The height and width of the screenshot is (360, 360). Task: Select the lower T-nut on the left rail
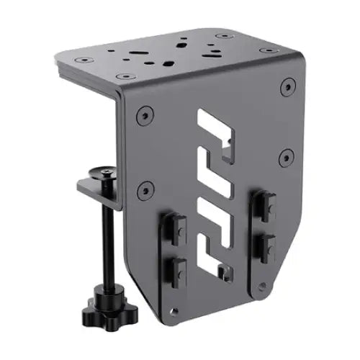click(x=175, y=270)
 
